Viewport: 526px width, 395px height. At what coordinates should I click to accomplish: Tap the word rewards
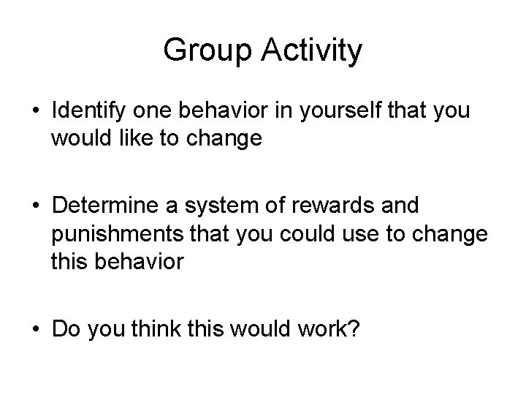pos(329,206)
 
